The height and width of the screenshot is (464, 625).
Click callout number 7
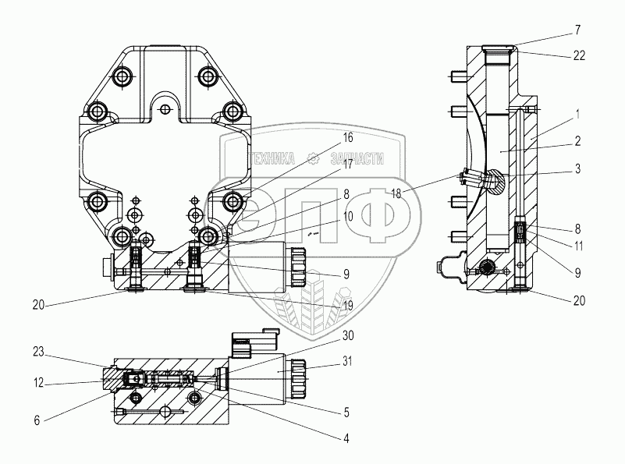point(578,30)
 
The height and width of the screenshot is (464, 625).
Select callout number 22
point(579,56)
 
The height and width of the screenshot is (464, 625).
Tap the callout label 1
point(577,115)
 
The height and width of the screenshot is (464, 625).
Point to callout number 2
point(577,141)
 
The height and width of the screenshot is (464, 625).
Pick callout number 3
point(577,169)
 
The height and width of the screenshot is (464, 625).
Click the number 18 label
point(396,194)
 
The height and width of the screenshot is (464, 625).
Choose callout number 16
point(348,138)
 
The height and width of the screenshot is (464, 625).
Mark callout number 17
point(348,164)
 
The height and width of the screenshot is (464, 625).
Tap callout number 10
point(348,216)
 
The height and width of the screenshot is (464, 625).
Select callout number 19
point(348,306)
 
